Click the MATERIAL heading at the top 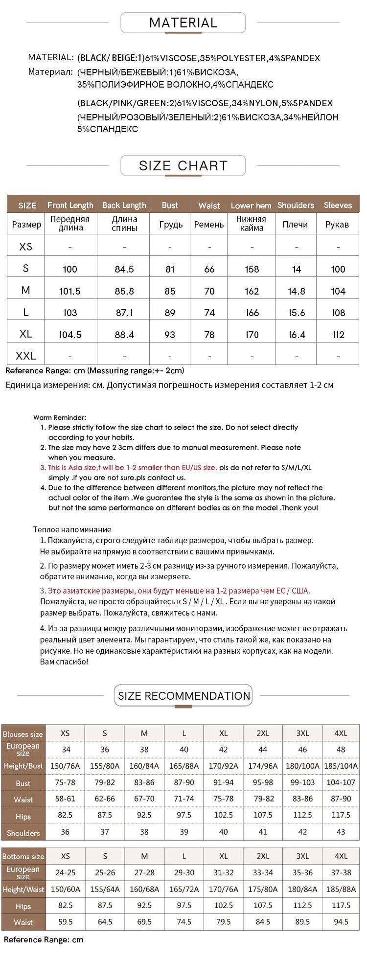183,23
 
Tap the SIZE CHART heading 183,165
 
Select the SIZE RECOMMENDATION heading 184,696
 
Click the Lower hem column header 251,206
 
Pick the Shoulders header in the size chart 296,205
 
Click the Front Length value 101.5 70,291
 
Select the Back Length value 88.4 124,335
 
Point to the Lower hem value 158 252,269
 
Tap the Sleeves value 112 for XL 338,335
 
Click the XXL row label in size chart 26,356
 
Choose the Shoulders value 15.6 297,313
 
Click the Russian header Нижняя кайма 251,224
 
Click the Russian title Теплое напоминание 72,529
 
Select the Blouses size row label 23,734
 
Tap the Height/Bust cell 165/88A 184,766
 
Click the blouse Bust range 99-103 302,782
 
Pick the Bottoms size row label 23,856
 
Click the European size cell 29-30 184,872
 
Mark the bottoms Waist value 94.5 341,922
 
